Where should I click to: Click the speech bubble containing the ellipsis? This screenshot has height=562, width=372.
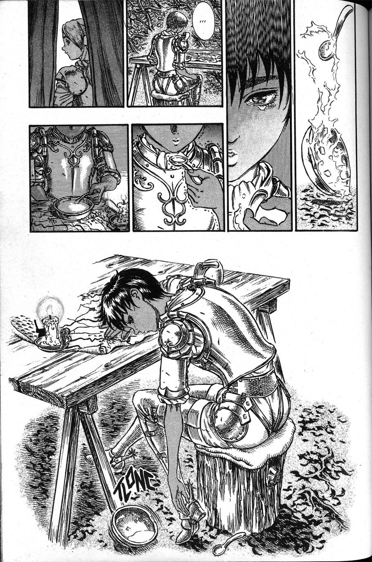(x=203, y=21)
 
